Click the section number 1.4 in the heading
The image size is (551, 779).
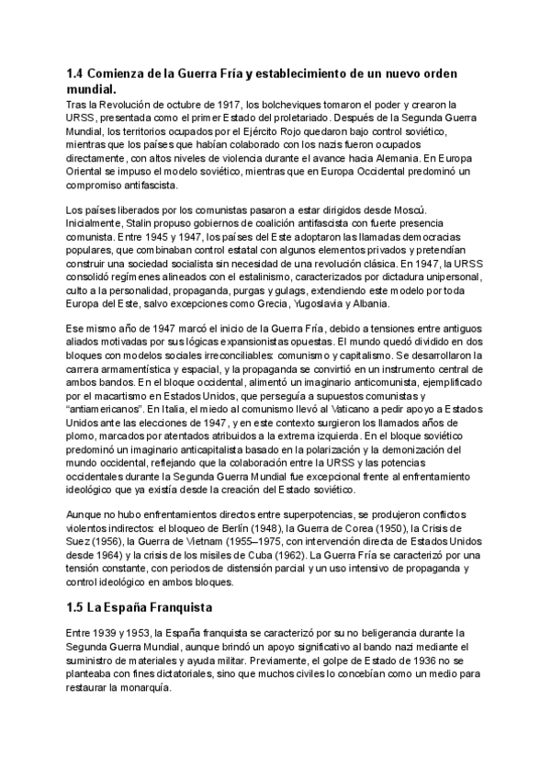point(76,73)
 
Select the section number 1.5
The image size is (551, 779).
point(76,608)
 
